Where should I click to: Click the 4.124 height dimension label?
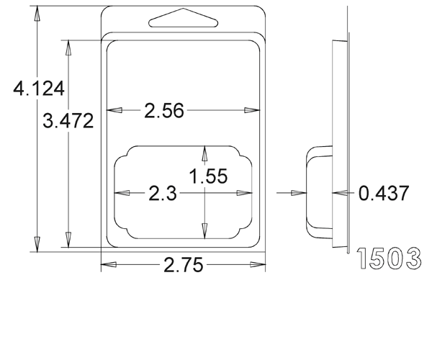coord(39,89)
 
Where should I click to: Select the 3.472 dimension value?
coord(68,121)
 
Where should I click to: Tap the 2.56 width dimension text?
coord(164,110)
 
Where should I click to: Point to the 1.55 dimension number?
coord(208,176)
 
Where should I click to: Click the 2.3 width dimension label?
coord(163,193)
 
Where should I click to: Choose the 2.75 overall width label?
coord(183,265)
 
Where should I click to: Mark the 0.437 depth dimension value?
coord(384,193)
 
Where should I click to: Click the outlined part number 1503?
coord(389,258)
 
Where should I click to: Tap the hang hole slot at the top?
coord(183,18)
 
